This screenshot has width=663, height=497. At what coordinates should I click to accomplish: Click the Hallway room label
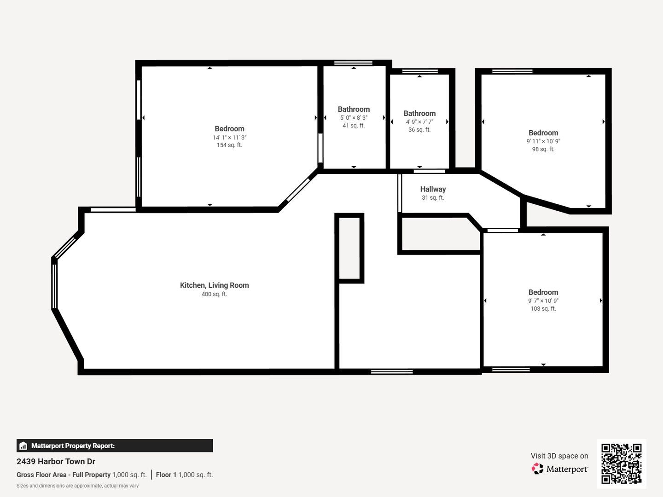coord(433,189)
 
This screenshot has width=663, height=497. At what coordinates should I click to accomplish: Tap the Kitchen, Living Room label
coord(215,285)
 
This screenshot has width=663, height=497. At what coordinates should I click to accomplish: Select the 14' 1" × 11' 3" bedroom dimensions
coord(230,138)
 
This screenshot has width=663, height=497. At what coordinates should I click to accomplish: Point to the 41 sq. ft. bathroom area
coord(354,126)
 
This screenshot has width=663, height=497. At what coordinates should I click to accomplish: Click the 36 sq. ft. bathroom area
coord(419,130)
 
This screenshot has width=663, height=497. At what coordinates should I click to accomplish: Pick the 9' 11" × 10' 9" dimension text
coord(543,141)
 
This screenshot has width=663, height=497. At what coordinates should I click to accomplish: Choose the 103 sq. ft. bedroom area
coord(543,309)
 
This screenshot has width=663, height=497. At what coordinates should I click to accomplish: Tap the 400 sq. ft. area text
coord(215,294)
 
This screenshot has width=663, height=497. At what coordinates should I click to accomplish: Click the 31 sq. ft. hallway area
coord(433,198)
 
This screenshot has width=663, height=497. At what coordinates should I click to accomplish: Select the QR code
coord(621,463)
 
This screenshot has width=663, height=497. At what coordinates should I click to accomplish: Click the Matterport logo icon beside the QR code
coord(537,468)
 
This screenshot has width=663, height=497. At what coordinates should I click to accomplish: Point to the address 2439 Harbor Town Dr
coord(56,462)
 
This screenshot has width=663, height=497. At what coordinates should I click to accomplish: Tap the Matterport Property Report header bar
coord(115,446)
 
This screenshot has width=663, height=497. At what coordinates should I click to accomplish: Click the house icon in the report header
coord(23,446)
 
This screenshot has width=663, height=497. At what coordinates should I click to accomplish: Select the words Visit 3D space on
coord(559,456)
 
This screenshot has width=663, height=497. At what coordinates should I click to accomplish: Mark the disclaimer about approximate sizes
coord(78,486)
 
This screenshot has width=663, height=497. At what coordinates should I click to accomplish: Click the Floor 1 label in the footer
coord(166,475)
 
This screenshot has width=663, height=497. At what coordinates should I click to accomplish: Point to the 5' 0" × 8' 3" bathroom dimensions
coord(354,118)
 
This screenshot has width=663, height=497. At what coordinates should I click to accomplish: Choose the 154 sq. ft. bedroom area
coord(230,145)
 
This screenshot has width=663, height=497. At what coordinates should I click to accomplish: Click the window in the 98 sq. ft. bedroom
coord(512,71)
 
